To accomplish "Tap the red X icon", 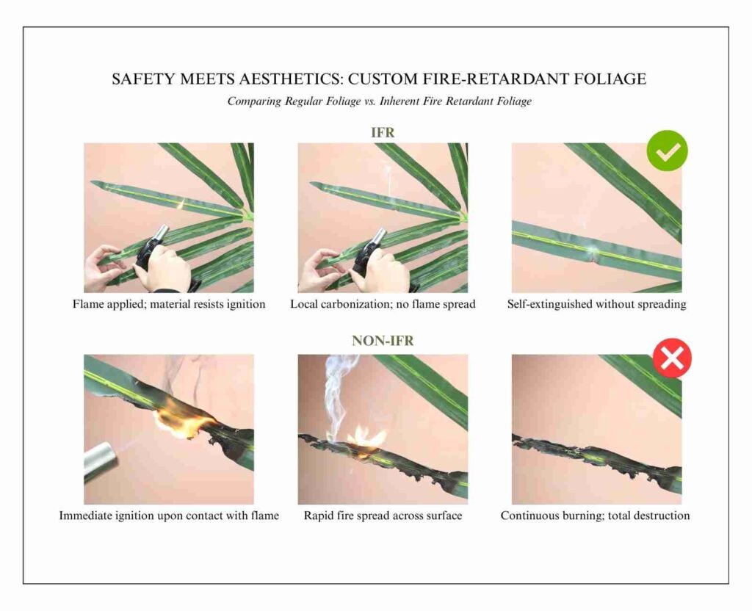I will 672,358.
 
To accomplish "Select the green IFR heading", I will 382,133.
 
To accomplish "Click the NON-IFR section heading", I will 382,341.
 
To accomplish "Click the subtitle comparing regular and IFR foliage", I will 379,101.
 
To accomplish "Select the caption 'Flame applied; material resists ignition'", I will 169,304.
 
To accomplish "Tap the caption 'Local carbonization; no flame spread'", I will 383,304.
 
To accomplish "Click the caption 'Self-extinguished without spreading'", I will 596,304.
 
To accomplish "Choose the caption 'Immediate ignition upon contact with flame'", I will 169,516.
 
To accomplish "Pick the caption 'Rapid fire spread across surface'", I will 383,516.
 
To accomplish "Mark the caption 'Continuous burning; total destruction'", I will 595,516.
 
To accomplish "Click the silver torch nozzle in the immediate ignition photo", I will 101,460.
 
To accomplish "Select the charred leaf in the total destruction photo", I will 595,457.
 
